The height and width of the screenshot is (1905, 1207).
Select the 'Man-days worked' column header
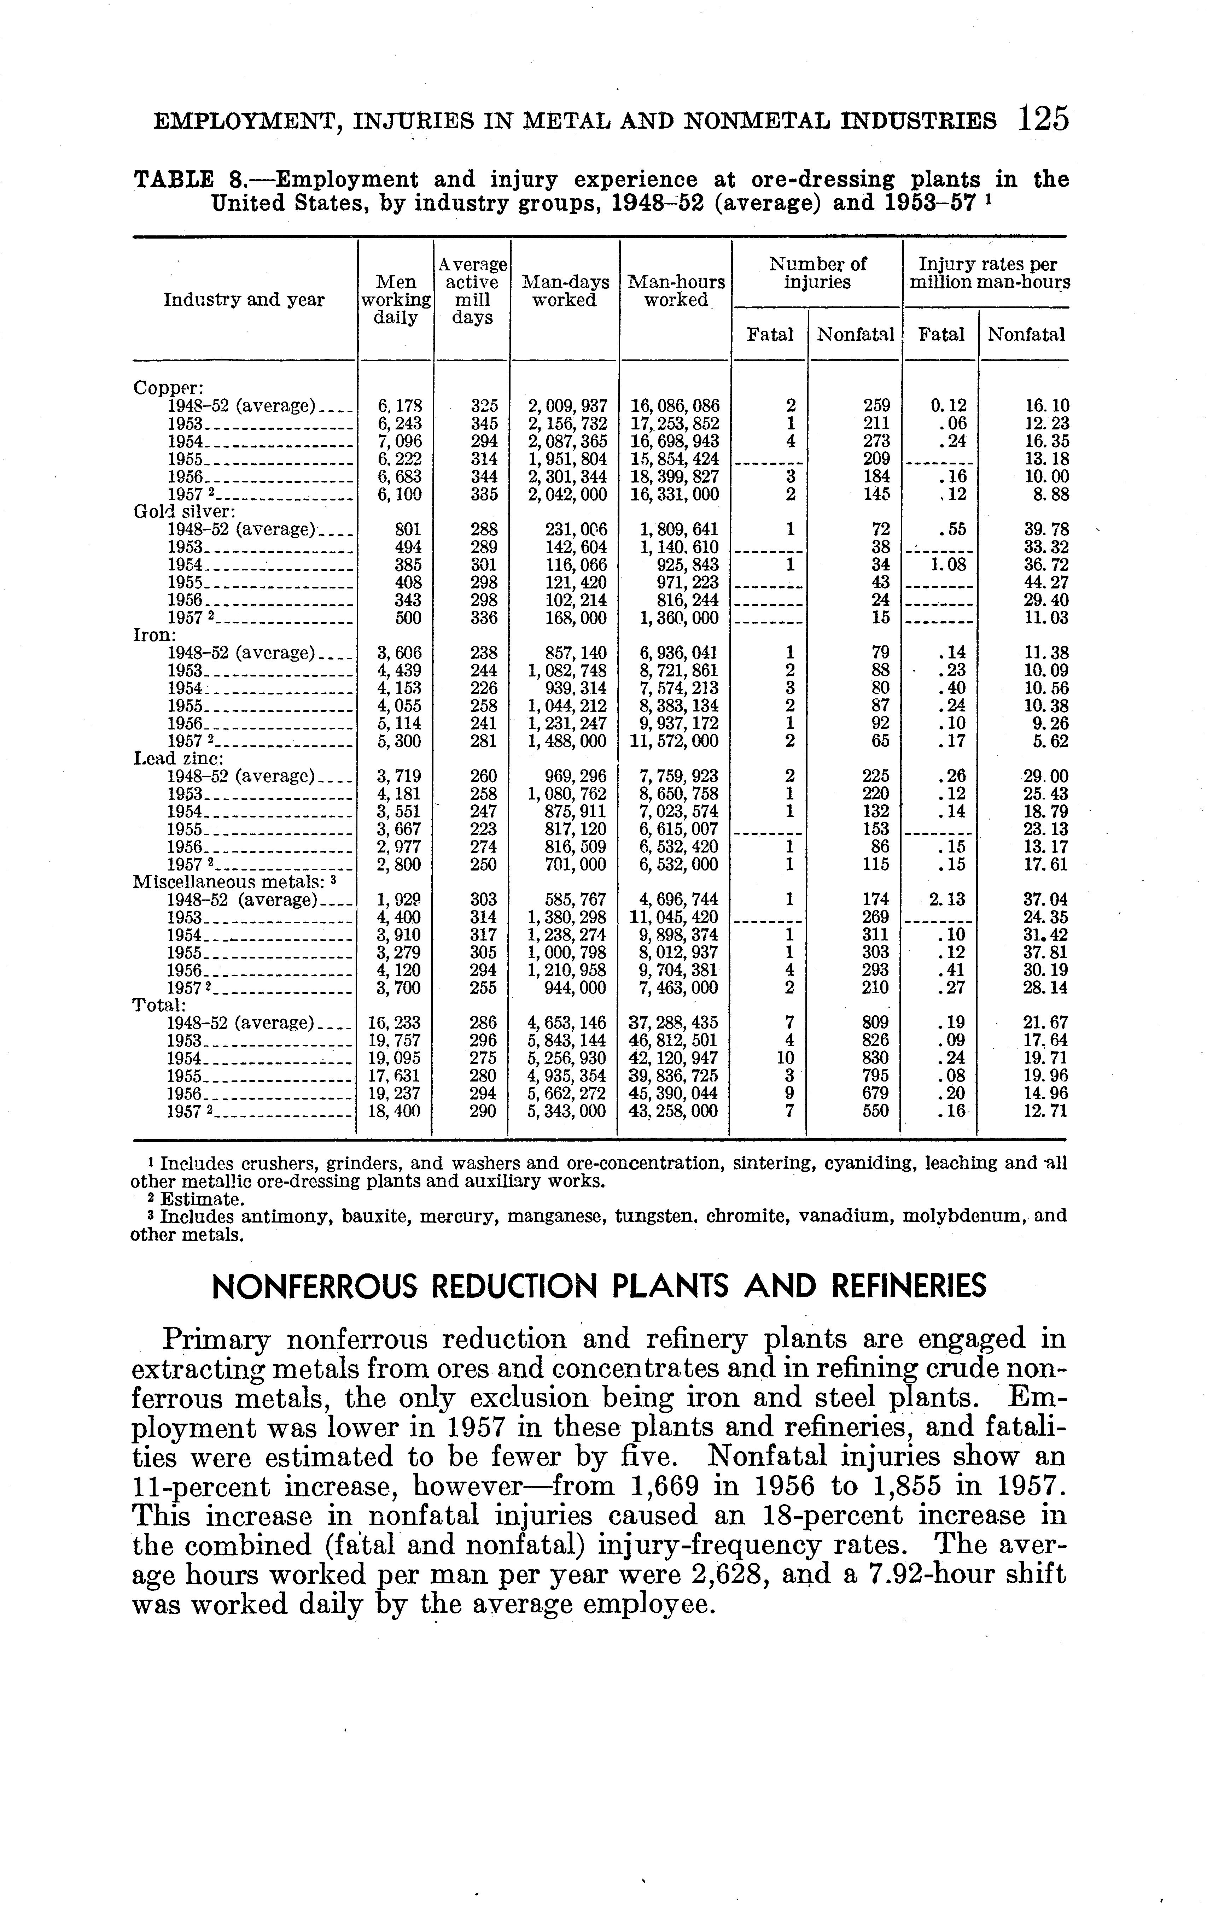pyautogui.click(x=564, y=291)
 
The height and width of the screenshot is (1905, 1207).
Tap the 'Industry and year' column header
pyautogui.click(x=244, y=300)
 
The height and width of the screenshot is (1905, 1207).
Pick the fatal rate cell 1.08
pyautogui.click(x=947, y=565)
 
